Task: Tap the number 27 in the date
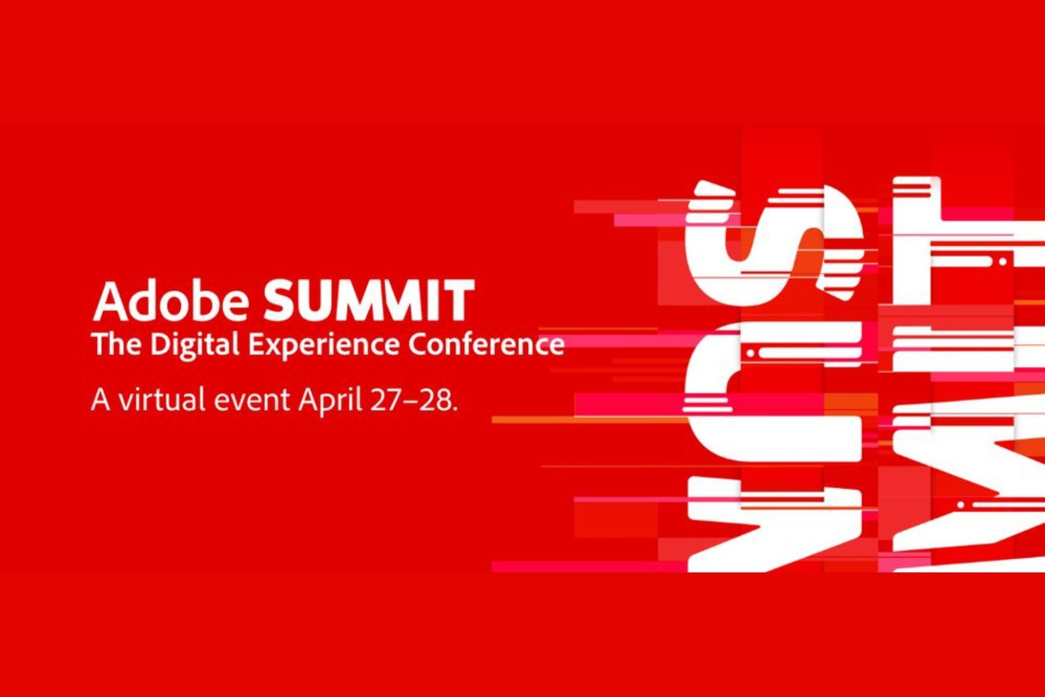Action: tap(387, 400)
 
